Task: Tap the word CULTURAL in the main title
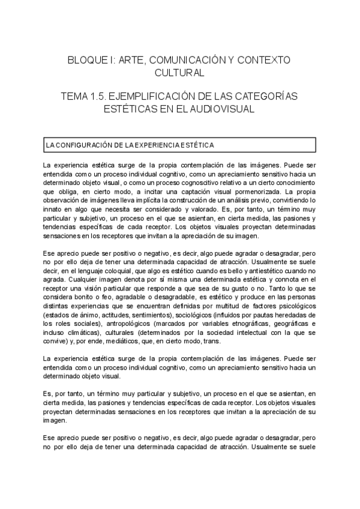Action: pyautogui.click(x=179, y=73)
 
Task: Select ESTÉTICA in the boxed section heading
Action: pyautogui.click(x=195, y=145)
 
